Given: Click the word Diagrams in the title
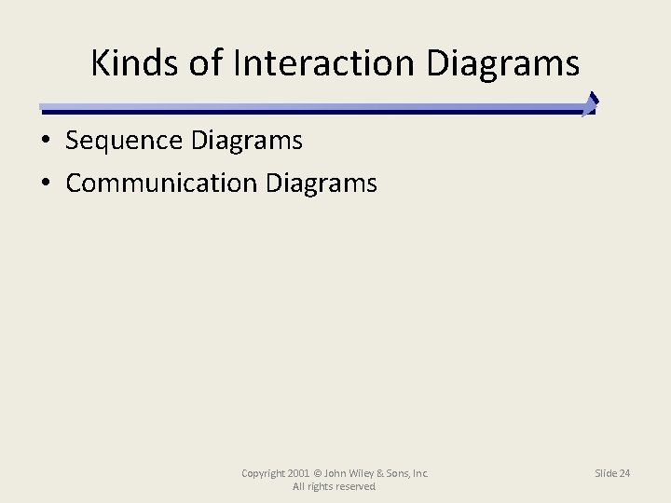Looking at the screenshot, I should point(503,63).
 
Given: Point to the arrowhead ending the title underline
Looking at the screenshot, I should point(591,103).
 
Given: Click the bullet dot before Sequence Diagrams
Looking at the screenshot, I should point(45,142).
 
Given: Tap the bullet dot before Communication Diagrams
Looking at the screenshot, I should point(45,184).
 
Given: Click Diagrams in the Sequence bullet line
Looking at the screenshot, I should point(246,141).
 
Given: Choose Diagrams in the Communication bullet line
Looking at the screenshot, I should point(322,183).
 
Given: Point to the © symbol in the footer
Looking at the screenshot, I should point(318,473).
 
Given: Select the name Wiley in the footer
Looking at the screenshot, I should point(359,473).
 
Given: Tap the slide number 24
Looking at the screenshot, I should point(623,473).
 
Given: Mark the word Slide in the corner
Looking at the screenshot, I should point(606,473).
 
